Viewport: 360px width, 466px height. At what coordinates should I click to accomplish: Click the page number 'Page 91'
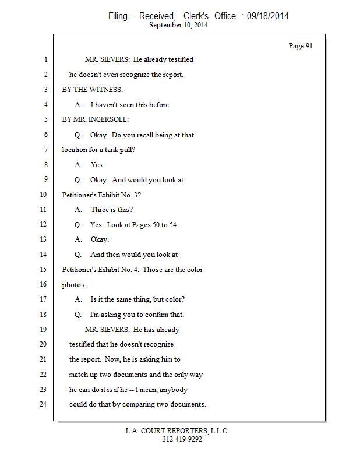301,46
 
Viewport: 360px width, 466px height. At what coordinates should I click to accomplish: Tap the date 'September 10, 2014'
179,25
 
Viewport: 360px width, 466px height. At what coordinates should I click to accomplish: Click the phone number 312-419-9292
182,439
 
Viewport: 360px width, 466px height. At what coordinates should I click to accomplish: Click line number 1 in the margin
45,59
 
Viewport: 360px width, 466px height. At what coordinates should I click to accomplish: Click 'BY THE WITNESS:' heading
93,90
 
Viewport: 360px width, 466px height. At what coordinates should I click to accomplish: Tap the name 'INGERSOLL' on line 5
111,119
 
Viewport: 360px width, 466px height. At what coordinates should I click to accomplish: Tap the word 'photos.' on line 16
74,285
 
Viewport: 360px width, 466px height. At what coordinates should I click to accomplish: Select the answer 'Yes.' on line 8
97,165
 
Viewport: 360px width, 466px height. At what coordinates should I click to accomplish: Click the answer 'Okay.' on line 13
100,239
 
